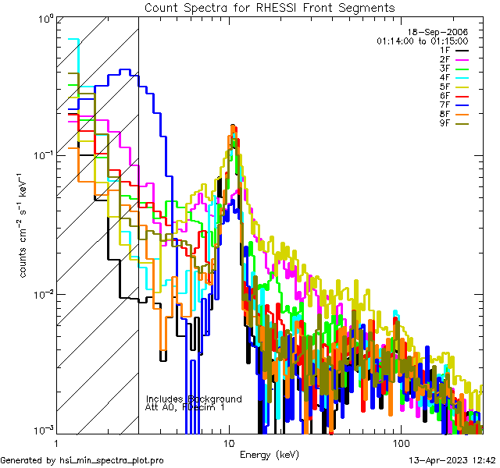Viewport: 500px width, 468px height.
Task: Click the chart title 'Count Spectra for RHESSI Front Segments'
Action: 269,7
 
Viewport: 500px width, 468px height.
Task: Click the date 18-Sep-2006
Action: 444,31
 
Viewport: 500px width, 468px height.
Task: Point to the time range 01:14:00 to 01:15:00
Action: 422,41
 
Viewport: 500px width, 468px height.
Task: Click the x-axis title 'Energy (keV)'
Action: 269,455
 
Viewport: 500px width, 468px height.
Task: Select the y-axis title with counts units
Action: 25,225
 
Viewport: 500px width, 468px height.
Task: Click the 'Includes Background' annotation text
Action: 194,399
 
